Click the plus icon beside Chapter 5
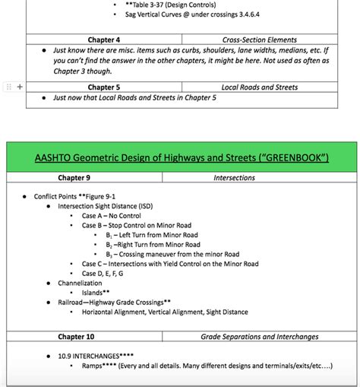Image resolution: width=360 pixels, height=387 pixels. tap(20, 87)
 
